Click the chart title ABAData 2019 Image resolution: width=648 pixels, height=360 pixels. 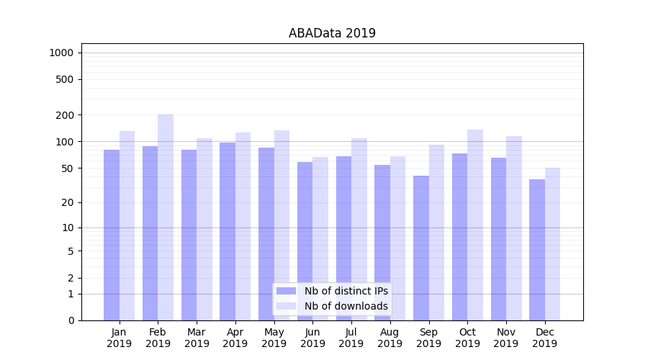(x=332, y=33)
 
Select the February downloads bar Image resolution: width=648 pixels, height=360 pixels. (x=166, y=216)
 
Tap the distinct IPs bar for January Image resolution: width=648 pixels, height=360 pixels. (x=112, y=234)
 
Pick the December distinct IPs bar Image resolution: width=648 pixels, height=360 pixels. (x=537, y=248)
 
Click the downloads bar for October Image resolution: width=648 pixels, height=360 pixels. (x=475, y=223)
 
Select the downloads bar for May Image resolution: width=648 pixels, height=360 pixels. (x=282, y=223)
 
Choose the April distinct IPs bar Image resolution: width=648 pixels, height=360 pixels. (x=228, y=230)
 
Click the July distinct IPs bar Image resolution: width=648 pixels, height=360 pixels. (x=343, y=238)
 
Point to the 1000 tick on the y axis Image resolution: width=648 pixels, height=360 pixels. (x=61, y=53)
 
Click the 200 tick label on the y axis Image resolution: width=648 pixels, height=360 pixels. (x=65, y=115)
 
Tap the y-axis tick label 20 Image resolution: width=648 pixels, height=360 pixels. (x=68, y=202)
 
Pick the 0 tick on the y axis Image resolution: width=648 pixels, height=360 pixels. (x=71, y=320)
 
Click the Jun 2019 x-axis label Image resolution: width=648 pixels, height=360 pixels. (x=312, y=338)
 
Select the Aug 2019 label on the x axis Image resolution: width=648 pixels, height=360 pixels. (x=390, y=338)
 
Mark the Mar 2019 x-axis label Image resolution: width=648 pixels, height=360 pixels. (x=197, y=338)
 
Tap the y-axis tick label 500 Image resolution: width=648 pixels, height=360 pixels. (x=65, y=79)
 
